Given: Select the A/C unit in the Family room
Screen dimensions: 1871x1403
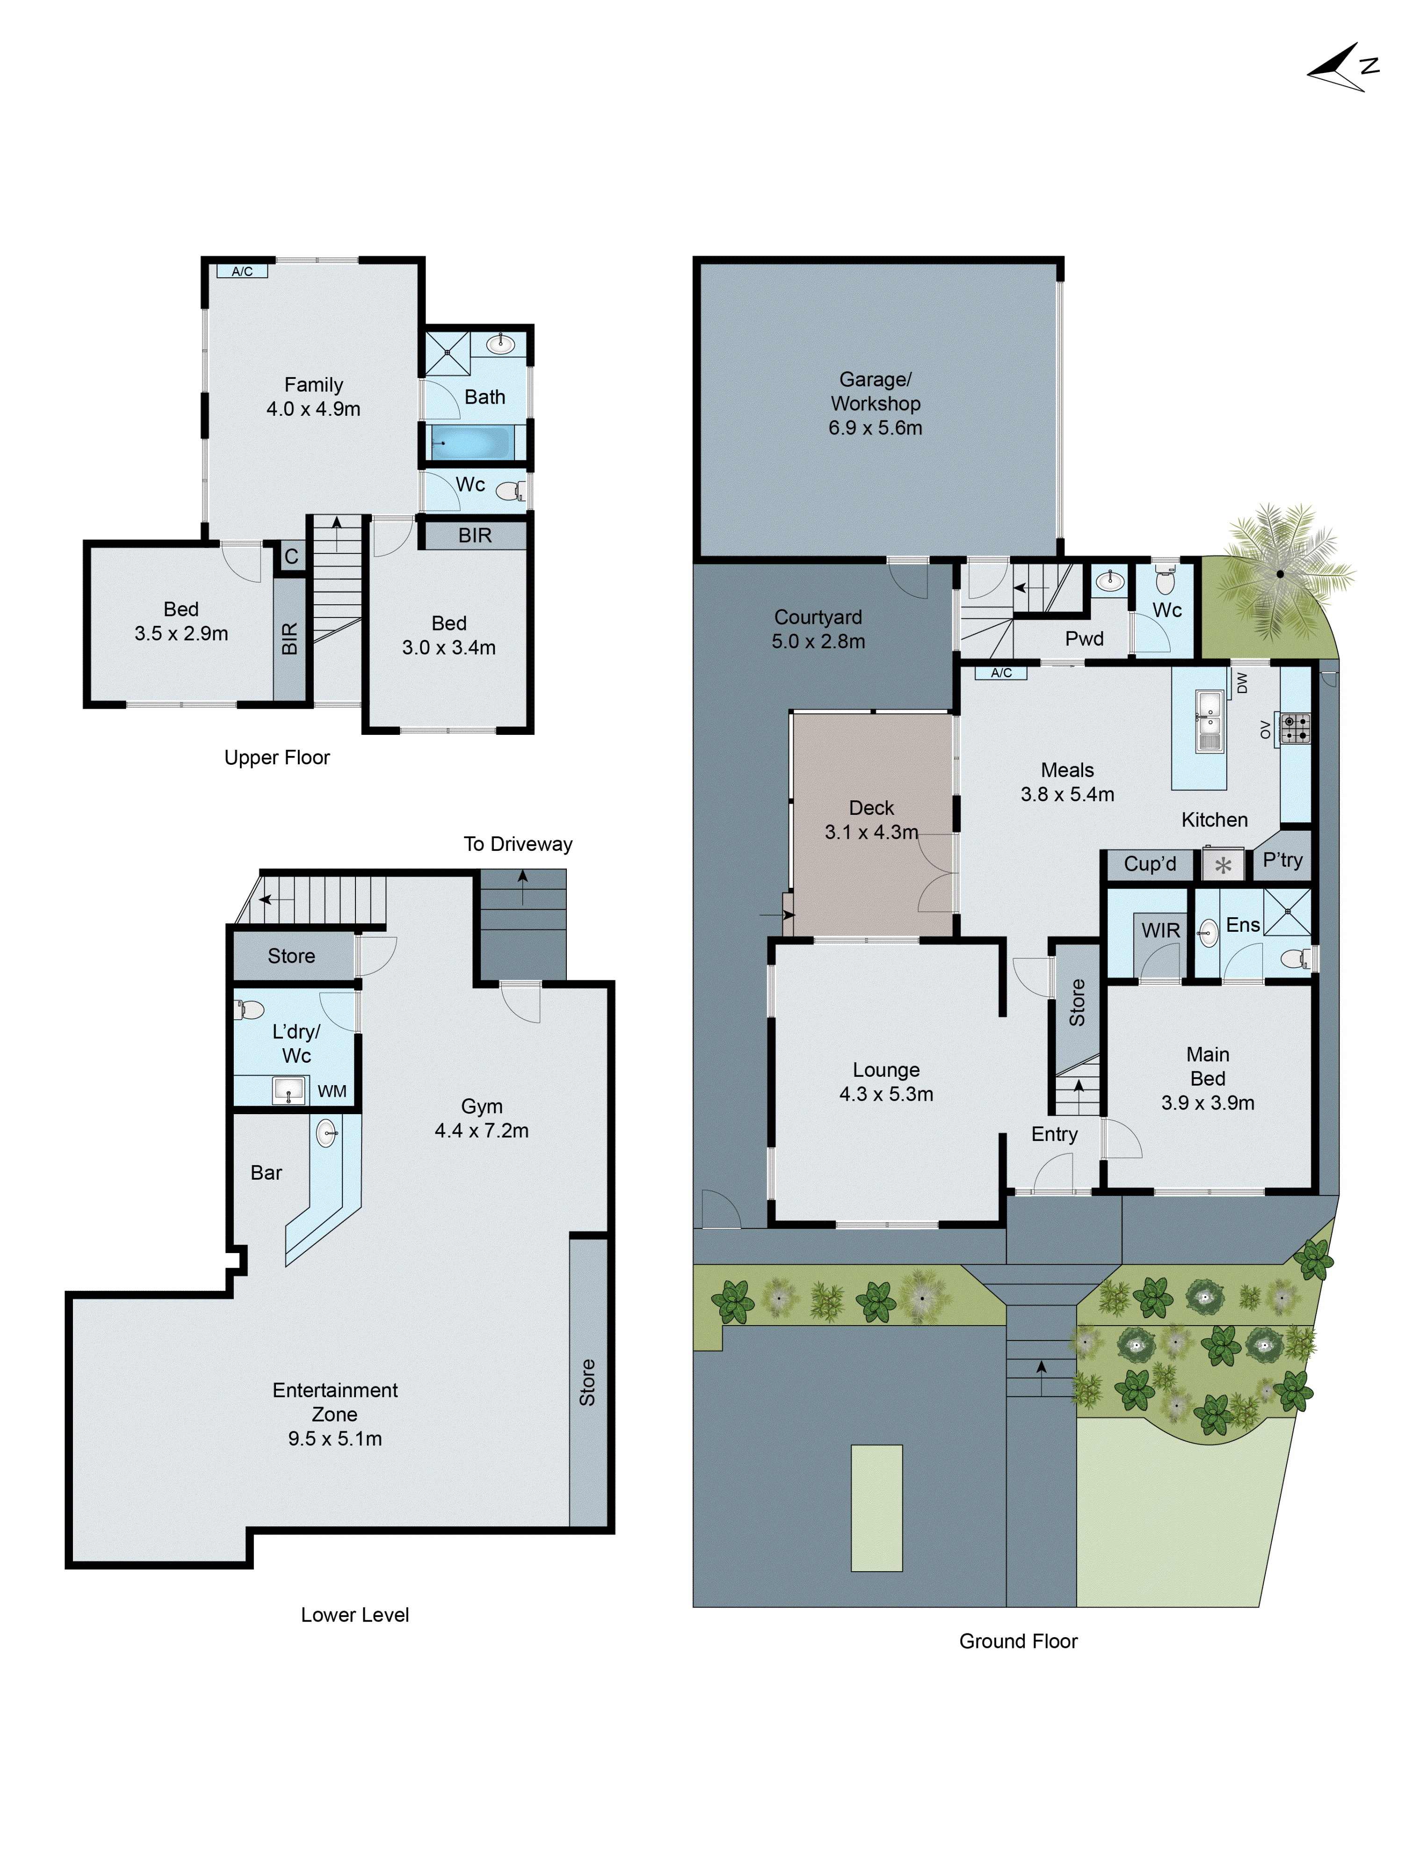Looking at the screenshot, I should tap(242, 271).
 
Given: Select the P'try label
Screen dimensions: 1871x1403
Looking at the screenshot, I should tap(1281, 860).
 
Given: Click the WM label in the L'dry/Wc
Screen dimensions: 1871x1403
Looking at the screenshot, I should tap(332, 1091).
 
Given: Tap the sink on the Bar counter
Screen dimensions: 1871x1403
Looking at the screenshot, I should tap(326, 1132).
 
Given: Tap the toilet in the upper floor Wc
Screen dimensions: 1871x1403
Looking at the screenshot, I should tap(510, 491).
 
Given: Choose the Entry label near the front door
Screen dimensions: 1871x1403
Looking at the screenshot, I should tap(1054, 1134).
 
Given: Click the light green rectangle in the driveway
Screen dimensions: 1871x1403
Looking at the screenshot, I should tap(876, 1508).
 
